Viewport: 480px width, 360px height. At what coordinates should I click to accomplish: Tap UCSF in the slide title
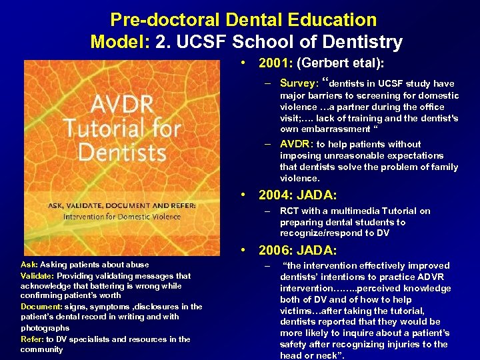203,43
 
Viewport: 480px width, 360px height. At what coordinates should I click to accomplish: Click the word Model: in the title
120,43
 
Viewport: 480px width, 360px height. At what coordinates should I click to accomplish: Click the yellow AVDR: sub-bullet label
297,144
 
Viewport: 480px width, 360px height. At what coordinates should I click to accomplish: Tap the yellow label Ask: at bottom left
30,265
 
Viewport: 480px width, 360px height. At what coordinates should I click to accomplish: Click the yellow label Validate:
37,275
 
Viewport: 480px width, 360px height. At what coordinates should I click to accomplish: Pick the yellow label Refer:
32,339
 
